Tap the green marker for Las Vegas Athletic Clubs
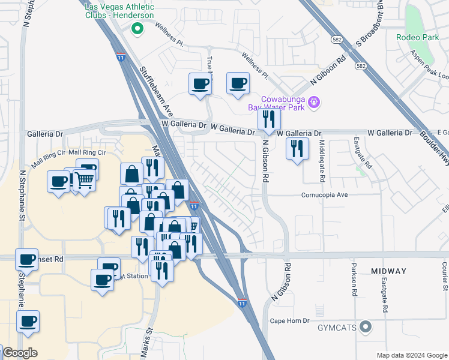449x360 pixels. (137, 27)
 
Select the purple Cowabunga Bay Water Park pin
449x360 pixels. (313, 103)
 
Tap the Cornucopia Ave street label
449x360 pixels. (325, 195)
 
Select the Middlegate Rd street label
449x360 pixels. (322, 161)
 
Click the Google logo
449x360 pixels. (19, 353)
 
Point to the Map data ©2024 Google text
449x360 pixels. (411, 355)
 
